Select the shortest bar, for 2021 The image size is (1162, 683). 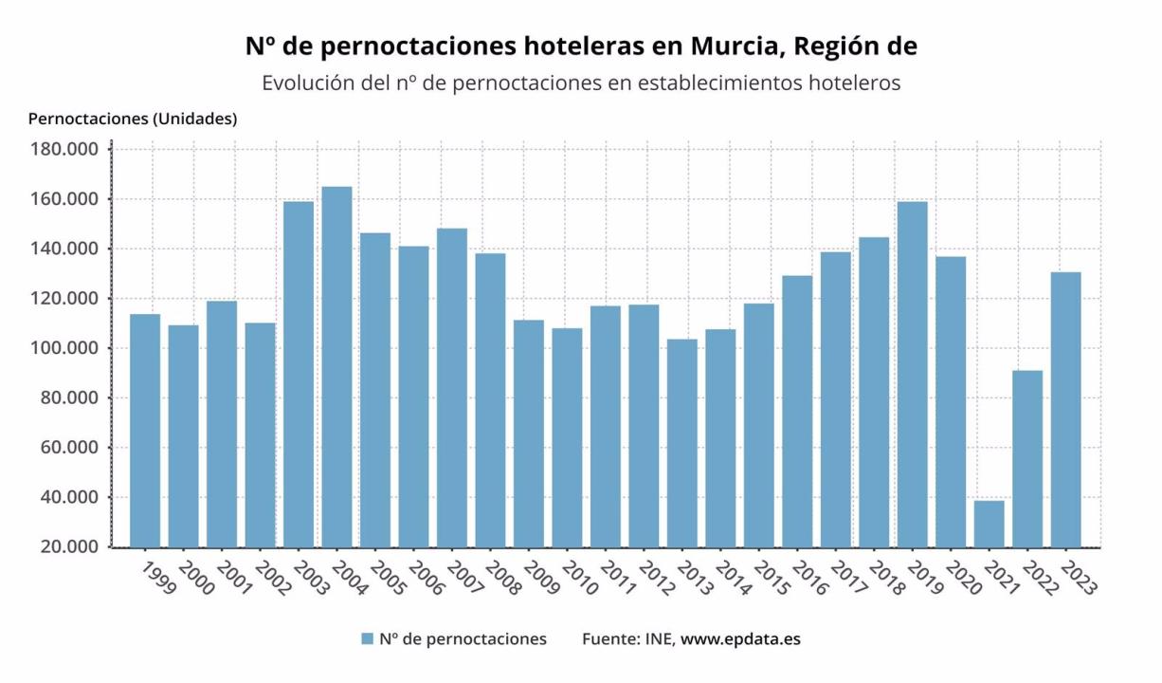coord(989,524)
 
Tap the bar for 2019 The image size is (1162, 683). coord(912,374)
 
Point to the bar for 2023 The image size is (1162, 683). coord(1065,409)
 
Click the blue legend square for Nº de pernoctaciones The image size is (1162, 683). coord(367,639)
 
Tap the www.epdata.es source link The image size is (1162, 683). coord(739,638)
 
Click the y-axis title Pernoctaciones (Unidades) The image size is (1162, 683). coord(133,119)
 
